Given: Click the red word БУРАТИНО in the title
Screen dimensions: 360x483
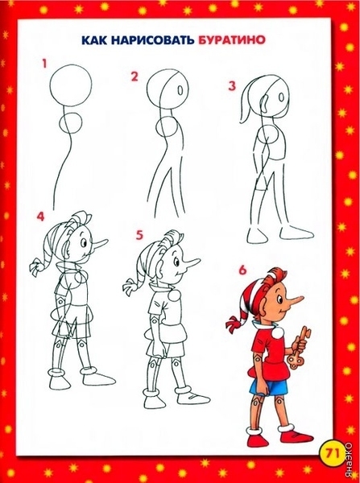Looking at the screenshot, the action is pyautogui.click(x=232, y=40).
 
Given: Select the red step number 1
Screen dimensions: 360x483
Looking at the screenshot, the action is pyautogui.click(x=44, y=64).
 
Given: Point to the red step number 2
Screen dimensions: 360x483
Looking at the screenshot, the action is pyautogui.click(x=134, y=76).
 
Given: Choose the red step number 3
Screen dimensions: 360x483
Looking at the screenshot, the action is pyautogui.click(x=232, y=86).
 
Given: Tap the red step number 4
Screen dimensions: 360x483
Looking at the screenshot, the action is pyautogui.click(x=40, y=217).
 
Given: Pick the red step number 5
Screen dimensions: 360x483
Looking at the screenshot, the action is pyautogui.click(x=139, y=235).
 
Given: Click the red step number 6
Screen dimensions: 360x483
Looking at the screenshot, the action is pyautogui.click(x=242, y=270).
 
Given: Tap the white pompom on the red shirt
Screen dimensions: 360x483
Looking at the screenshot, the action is pyautogui.click(x=277, y=332).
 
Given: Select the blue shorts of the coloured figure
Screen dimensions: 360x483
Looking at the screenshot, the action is pyautogui.click(x=269, y=387).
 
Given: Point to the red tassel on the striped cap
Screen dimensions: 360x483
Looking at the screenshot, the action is pyautogui.click(x=234, y=324).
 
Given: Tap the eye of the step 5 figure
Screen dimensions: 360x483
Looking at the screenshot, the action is pyautogui.click(x=176, y=262).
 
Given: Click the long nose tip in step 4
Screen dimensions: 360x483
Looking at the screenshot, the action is pyautogui.click(x=107, y=240).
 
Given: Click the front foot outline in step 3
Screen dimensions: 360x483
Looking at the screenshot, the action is pyautogui.click(x=296, y=233).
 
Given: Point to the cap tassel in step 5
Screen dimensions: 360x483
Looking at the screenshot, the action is pyautogui.click(x=131, y=287).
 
